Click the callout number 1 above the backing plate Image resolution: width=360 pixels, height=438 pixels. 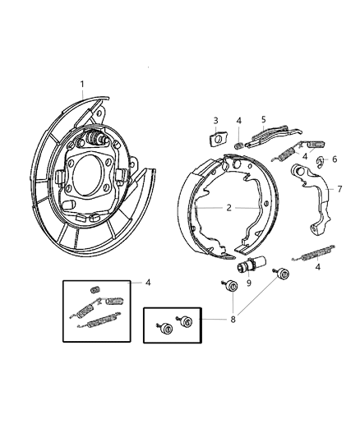(82, 84)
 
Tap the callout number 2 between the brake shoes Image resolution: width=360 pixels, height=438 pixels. (228, 208)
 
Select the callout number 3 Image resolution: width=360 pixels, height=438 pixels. (215, 121)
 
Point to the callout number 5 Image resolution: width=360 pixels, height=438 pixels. (264, 119)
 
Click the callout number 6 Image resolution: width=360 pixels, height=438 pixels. (335, 159)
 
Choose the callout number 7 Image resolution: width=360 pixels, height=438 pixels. (339, 189)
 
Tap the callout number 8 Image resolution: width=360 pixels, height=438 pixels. (233, 320)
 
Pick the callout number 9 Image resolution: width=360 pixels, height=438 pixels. (248, 283)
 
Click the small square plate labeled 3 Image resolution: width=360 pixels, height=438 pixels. (218, 140)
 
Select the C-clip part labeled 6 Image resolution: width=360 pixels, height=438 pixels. (320, 162)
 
